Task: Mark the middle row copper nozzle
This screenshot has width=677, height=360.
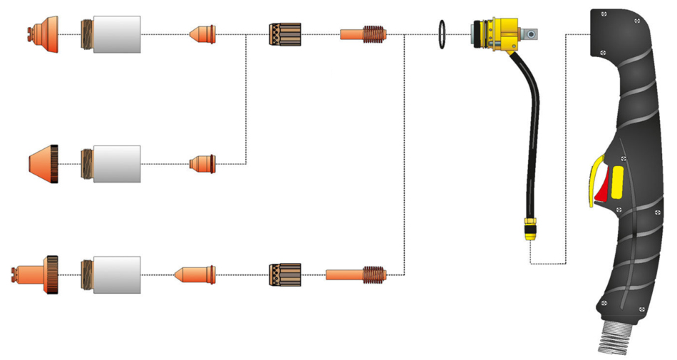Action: (x=202, y=163)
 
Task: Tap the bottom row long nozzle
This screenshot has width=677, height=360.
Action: (x=194, y=274)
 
